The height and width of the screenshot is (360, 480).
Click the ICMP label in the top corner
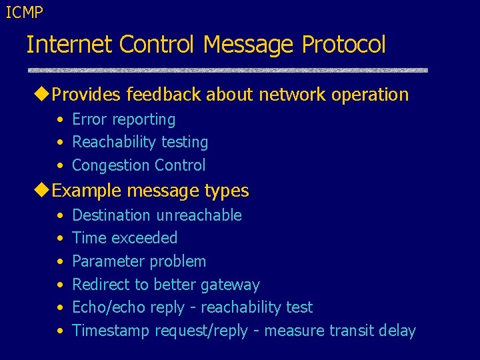24,11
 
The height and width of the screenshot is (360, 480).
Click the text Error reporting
123,120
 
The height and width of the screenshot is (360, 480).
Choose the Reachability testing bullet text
140,143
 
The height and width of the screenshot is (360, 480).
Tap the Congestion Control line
139,165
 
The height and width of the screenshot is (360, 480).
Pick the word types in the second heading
227,191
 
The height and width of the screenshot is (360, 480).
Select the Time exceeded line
125,238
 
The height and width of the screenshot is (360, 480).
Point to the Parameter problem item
139,261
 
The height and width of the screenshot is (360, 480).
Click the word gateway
230,285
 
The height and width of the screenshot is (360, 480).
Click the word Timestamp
111,331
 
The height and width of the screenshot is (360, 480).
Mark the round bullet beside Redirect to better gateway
59,285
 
